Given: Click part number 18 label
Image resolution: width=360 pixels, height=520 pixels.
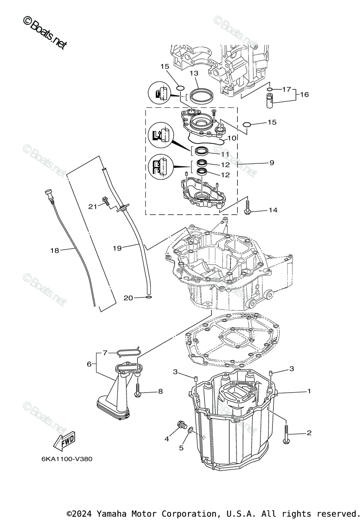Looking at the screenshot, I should pyautogui.click(x=54, y=250).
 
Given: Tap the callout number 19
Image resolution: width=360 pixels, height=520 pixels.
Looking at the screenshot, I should pyautogui.click(x=117, y=248).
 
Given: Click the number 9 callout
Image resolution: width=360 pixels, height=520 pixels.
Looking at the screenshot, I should pyautogui.click(x=272, y=163).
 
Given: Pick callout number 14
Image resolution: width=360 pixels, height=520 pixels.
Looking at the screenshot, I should pyautogui.click(x=272, y=210).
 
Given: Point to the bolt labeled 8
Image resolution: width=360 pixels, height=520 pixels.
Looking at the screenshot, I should pyautogui.click(x=138, y=390).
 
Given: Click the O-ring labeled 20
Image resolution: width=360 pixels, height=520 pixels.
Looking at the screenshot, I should pyautogui.click(x=149, y=297).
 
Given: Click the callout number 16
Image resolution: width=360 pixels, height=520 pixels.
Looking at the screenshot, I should pyautogui.click(x=305, y=94).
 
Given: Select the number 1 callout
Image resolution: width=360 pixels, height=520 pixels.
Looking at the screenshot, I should pyautogui.click(x=309, y=391).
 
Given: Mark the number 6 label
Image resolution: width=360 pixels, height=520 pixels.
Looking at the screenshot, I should pyautogui.click(x=89, y=364).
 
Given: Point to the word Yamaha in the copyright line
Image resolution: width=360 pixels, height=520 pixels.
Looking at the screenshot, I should pyautogui.click(x=110, y=513).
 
